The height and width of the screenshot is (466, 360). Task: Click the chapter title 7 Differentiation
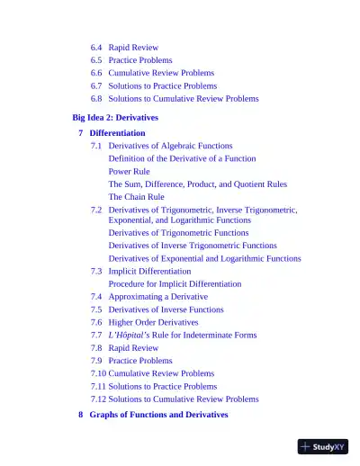coord(112,133)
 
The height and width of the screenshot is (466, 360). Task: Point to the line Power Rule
coord(130,171)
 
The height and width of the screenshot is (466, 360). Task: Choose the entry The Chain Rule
coord(136,196)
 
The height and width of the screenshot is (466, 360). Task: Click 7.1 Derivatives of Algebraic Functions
coord(161,146)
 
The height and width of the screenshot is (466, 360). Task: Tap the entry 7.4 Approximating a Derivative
coord(148,296)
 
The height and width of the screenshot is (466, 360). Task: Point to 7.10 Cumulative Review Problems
coord(152,372)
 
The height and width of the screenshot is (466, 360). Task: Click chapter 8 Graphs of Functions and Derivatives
coord(153,415)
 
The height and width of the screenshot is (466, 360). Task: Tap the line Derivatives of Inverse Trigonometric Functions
coord(193,246)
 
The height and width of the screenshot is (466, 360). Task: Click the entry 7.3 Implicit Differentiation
coord(140,271)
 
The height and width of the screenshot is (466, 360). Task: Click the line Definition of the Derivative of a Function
coord(182,158)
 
